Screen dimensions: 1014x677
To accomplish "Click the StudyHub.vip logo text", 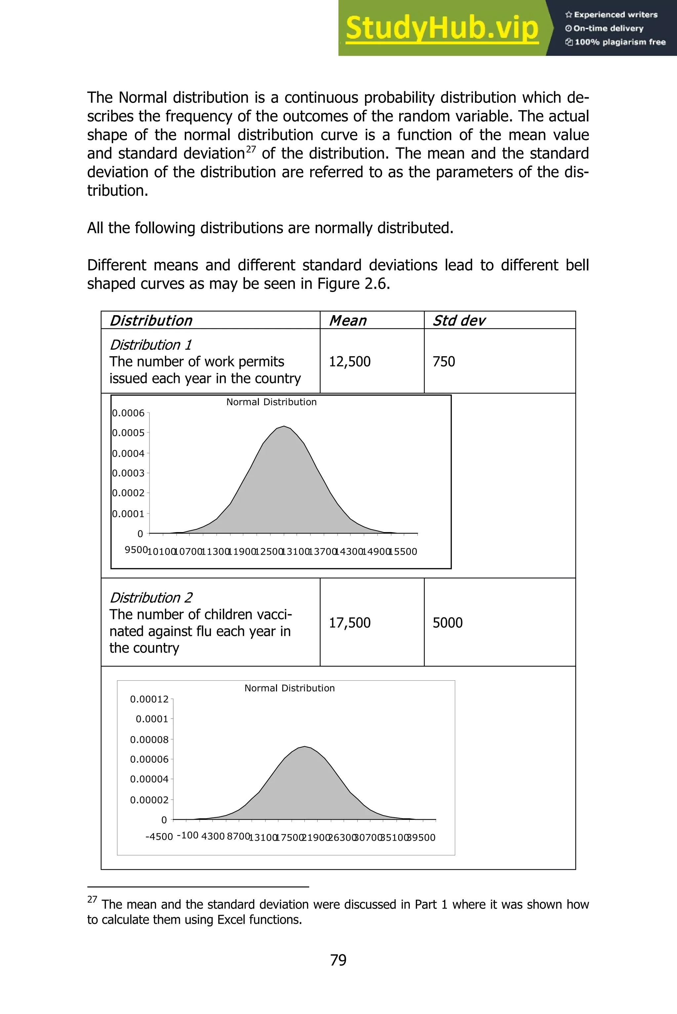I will click(442, 28).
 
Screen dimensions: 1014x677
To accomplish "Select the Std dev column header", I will click(458, 320).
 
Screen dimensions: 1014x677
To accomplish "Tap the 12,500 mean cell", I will click(350, 361).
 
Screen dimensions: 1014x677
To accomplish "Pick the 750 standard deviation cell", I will click(444, 361).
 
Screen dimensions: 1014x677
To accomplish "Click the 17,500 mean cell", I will click(350, 622).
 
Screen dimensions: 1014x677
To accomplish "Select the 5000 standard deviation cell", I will click(447, 622).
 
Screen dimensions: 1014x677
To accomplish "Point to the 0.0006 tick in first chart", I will click(128, 413).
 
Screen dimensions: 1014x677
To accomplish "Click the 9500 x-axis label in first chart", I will click(136, 550).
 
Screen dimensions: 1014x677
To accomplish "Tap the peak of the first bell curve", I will click(284, 427).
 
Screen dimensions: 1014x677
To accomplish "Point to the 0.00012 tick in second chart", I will click(149, 699).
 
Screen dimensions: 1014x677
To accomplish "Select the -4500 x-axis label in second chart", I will click(159, 836).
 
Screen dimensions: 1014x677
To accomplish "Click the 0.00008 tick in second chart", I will click(149, 740).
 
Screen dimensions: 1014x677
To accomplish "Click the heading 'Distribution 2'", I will click(151, 597).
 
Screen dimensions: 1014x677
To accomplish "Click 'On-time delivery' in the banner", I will click(608, 28).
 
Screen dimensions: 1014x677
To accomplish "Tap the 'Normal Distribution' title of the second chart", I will click(289, 688).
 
